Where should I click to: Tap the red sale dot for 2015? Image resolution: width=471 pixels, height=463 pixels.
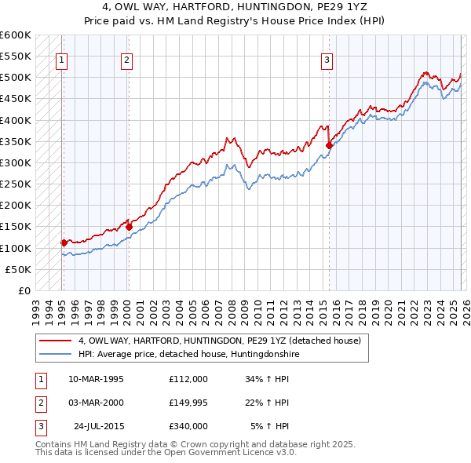pyautogui.click(x=330, y=145)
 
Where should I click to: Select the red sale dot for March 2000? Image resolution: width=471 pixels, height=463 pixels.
pyautogui.click(x=129, y=227)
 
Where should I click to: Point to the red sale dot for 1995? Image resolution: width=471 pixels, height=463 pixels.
pyautogui.click(x=64, y=242)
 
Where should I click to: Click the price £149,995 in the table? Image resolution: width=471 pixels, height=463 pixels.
pyautogui.click(x=188, y=403)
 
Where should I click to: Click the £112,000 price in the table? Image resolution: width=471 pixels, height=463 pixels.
pyautogui.click(x=188, y=379)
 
